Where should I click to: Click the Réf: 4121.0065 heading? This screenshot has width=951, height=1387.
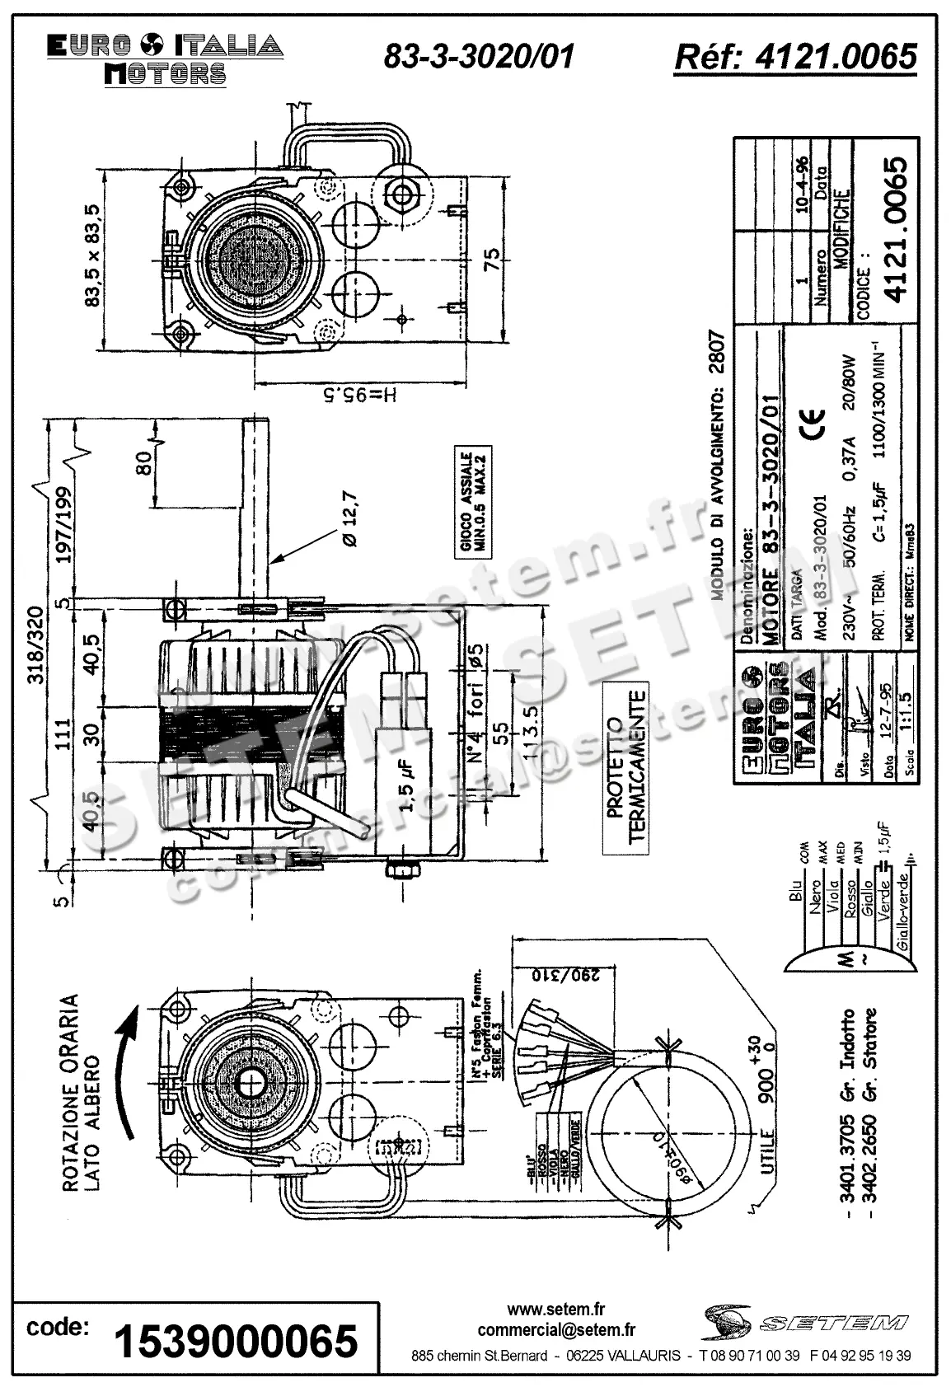pos(794,56)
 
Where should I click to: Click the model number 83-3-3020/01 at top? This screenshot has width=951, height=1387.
pos(479,56)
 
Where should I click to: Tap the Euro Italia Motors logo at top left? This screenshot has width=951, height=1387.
pos(165,59)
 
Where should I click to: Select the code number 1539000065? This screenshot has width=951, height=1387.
pos(236,1341)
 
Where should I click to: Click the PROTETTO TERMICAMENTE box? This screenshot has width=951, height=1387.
pos(625,766)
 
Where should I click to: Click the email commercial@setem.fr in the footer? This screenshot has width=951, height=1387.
pos(556,1328)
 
